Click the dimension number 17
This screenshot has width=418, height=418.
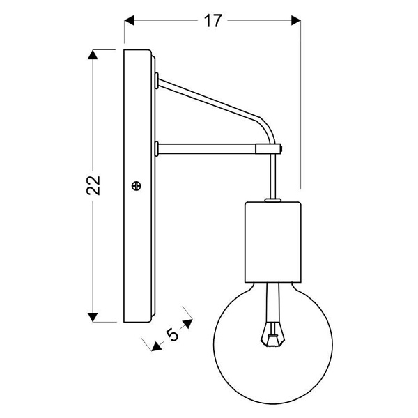[x=212, y=21]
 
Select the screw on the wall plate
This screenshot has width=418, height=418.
[x=137, y=186]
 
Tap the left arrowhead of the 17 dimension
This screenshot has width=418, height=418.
[x=130, y=21]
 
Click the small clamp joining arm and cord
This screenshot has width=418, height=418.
[x=269, y=148]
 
